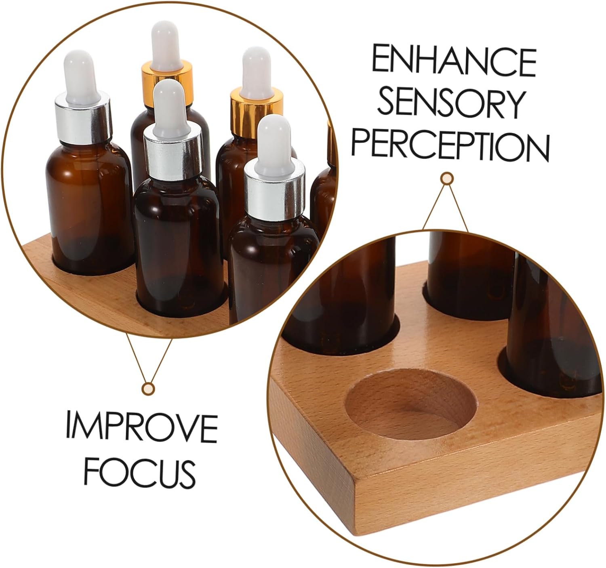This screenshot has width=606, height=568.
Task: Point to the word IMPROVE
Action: coord(142,426)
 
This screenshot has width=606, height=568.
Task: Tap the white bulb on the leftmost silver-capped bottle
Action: coord(82,77)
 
